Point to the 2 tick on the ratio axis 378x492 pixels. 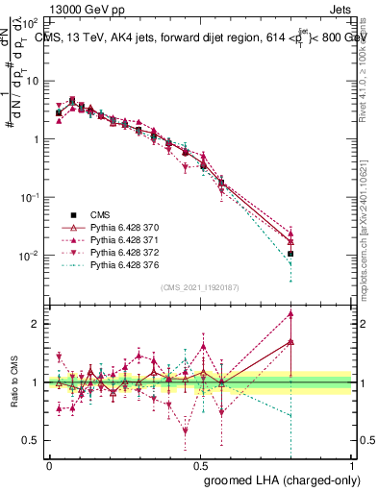tap(38, 324)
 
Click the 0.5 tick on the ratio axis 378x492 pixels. tap(34, 440)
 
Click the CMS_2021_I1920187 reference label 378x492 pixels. tap(200, 287)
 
